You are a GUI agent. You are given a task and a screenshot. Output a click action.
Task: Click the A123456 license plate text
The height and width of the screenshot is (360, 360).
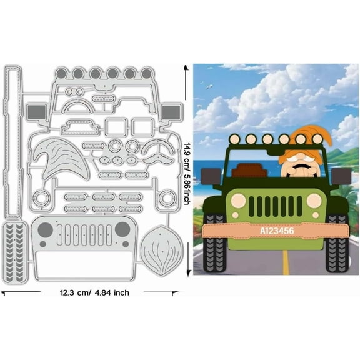pyautogui.click(x=277, y=231)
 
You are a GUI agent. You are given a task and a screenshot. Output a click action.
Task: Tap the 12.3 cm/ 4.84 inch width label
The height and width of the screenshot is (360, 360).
pyautogui.click(x=94, y=292)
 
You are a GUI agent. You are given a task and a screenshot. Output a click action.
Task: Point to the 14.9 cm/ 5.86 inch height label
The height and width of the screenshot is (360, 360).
pyautogui.click(x=187, y=174)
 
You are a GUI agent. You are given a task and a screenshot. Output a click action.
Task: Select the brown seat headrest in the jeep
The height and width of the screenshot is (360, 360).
pyautogui.click(x=249, y=170)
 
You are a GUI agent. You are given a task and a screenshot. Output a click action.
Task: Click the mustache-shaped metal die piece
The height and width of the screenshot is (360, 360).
pyautogui.click(x=157, y=158)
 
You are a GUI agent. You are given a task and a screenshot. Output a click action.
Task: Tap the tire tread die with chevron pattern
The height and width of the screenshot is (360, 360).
pyautogui.click(x=15, y=252)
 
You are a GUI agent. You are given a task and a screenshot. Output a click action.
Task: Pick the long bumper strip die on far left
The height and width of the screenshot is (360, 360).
pyautogui.click(x=12, y=141)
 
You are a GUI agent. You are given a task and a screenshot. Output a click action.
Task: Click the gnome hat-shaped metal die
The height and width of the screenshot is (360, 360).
pyautogui.click(x=61, y=158)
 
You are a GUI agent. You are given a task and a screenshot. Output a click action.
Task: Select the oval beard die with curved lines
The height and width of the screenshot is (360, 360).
pyautogui.click(x=162, y=251)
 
